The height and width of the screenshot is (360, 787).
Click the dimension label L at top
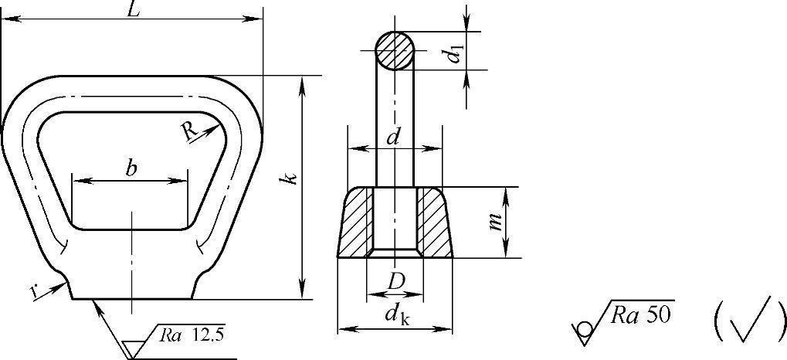click(x=133, y=11)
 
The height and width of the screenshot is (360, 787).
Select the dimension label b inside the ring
click(x=131, y=168)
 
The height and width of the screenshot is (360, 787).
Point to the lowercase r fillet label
click(x=34, y=292)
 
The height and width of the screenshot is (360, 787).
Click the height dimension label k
click(x=291, y=178)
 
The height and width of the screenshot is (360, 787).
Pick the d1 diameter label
click(x=455, y=54)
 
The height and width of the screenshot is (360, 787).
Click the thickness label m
click(x=497, y=221)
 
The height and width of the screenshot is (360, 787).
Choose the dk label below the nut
click(x=397, y=315)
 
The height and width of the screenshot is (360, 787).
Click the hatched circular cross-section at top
click(x=395, y=51)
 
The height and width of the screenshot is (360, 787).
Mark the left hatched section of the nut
click(x=356, y=222)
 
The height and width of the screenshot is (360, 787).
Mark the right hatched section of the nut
click(x=434, y=222)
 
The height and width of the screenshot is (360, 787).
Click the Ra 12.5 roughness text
click(x=192, y=335)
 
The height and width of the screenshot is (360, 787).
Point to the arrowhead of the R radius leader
click(x=214, y=129)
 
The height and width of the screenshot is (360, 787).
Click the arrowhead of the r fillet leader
click(x=61, y=286)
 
